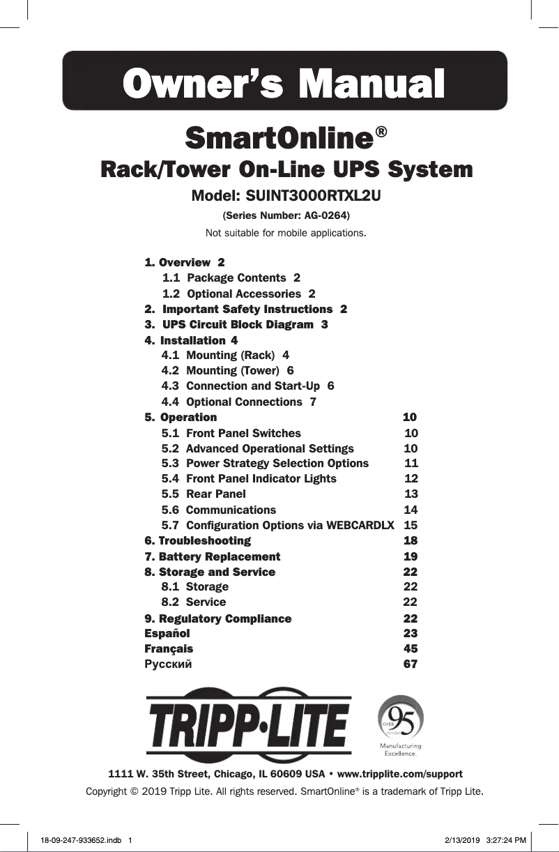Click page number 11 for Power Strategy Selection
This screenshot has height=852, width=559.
pos(411,464)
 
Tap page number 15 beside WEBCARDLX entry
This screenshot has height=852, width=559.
pos(411,525)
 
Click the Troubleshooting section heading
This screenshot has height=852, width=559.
pos(198,541)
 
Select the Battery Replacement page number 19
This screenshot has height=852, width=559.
pos(411,556)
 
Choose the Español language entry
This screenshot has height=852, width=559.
pos(167,633)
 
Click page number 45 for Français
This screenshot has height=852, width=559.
pos(411,648)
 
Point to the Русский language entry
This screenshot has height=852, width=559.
pos(168,664)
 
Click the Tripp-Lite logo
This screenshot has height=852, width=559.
pos(247,725)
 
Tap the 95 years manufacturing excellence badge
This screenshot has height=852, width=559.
pos(400,726)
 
